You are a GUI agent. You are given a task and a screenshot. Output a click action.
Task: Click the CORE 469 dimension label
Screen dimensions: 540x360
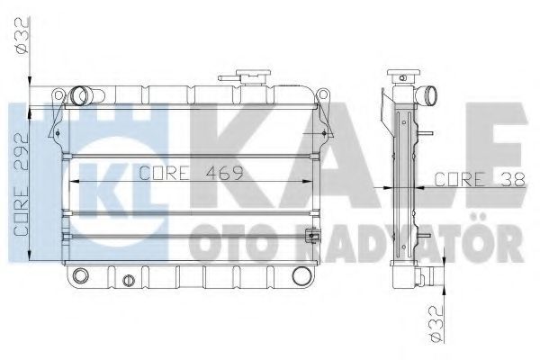[191, 173]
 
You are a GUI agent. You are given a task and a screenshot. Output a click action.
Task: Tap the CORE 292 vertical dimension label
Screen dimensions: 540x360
[22, 184]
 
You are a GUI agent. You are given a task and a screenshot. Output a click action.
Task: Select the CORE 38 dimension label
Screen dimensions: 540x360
[480, 179]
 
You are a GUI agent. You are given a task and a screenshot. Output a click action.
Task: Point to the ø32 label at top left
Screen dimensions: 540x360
[22, 36]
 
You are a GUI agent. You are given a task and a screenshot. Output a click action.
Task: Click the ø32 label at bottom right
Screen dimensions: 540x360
[436, 324]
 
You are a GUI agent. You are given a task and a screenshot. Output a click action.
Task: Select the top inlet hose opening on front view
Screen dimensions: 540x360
[79, 95]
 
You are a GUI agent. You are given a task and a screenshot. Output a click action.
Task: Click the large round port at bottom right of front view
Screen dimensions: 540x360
[301, 275]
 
